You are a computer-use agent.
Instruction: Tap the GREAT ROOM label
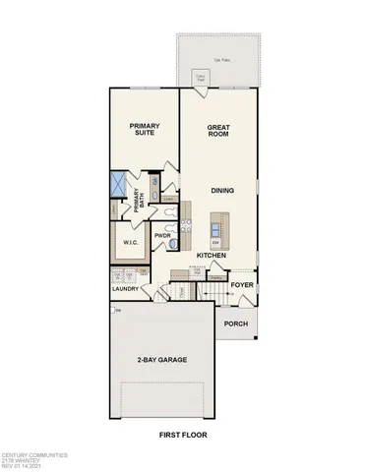point(217,132)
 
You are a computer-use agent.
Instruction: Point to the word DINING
point(220,192)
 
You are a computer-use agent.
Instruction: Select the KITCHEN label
point(212,255)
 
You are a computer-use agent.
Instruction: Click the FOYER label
point(242,287)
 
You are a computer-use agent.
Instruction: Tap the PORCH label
point(234,324)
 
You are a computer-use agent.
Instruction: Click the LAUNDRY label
point(125,290)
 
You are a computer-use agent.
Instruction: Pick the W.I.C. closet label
point(130,242)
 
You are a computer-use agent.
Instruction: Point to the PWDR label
point(163,236)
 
